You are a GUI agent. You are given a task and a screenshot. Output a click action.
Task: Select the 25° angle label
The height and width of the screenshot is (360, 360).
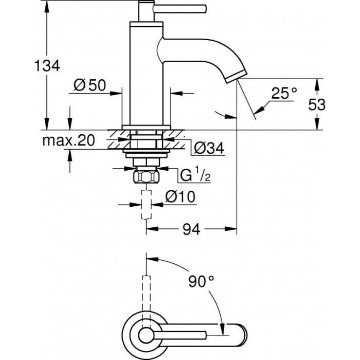tap(284, 93)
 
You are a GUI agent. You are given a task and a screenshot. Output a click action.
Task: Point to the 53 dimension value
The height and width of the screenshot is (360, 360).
tap(317, 104)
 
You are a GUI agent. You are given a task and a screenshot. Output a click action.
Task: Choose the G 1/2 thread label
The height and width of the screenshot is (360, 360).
tap(194, 175)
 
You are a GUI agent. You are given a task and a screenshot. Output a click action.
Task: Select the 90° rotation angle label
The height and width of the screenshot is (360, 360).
tap(200, 282)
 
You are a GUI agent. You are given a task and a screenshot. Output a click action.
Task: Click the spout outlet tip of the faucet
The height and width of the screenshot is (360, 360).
tap(236, 77)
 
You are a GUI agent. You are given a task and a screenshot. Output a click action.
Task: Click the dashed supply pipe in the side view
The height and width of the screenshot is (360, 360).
tap(147, 203)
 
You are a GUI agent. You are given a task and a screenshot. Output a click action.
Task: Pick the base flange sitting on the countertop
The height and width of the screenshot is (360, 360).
tap(147, 127)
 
